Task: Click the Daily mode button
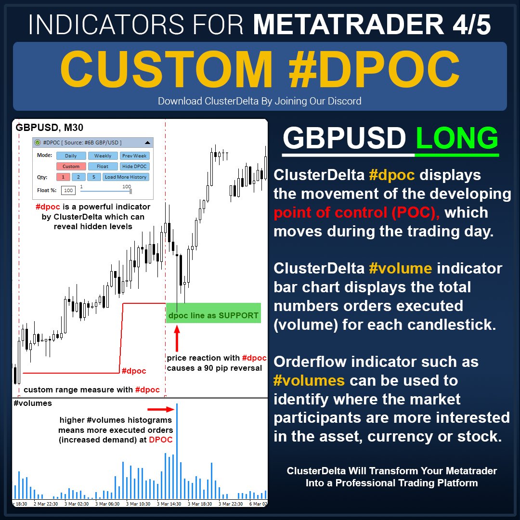[x=71, y=156]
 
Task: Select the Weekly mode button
[x=103, y=156]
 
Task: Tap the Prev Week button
[x=135, y=156]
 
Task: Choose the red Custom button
[x=71, y=167]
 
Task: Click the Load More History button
[x=126, y=177]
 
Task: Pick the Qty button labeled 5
[x=93, y=177]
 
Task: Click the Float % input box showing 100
[x=68, y=191]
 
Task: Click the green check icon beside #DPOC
[x=38, y=143]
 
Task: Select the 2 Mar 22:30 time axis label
[x=46, y=504]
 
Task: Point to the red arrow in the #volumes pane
[x=164, y=410]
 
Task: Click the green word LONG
[x=457, y=139]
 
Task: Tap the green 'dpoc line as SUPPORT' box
[x=213, y=313]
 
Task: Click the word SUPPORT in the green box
[x=237, y=316]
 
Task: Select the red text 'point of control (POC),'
[x=357, y=212]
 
